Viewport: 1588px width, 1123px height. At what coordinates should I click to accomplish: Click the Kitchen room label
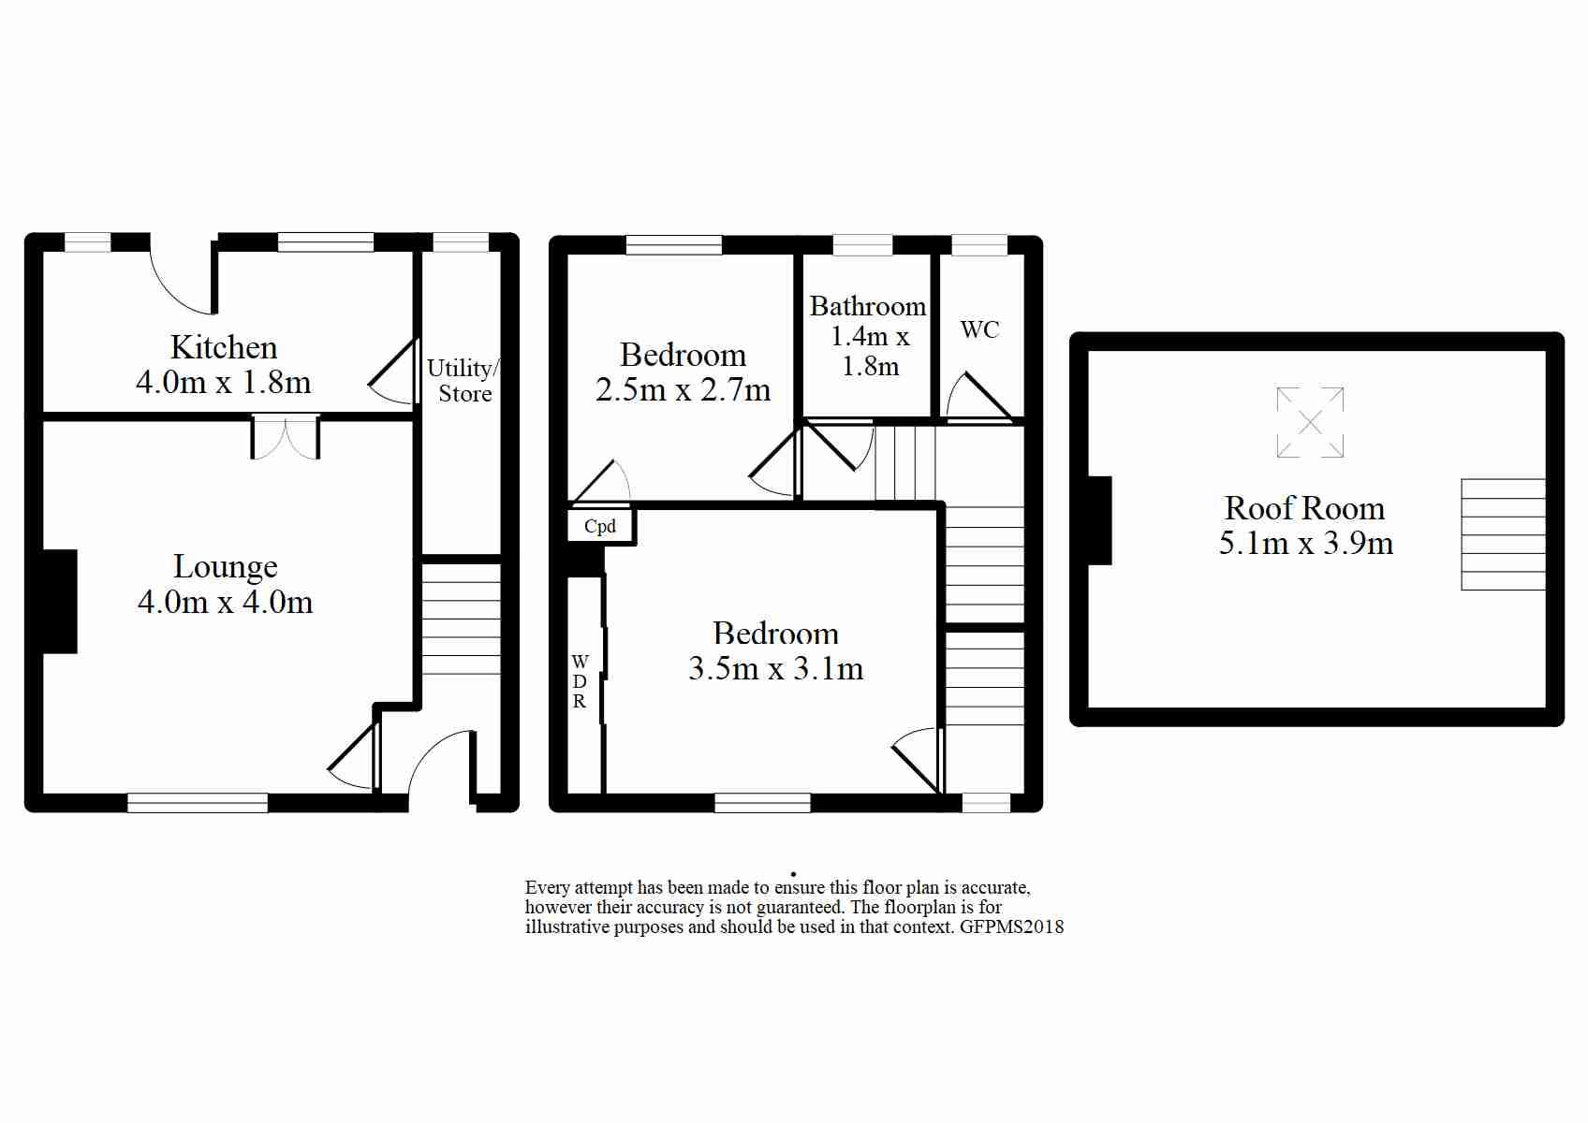(x=223, y=347)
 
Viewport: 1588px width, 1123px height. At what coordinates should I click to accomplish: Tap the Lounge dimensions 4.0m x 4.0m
(x=225, y=602)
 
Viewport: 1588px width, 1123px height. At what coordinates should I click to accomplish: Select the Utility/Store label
(x=463, y=381)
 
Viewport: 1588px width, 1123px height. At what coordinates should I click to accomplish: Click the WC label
(x=979, y=329)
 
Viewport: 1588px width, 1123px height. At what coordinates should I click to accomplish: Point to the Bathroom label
(x=868, y=306)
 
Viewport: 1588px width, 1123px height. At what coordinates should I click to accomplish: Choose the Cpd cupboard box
(x=600, y=526)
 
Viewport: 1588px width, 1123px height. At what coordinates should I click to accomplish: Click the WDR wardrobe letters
(x=580, y=681)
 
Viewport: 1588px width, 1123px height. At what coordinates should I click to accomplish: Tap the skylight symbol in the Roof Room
(x=1310, y=422)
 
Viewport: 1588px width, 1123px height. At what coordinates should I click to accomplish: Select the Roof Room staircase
(x=1503, y=534)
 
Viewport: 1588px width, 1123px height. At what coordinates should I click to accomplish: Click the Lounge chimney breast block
(x=60, y=601)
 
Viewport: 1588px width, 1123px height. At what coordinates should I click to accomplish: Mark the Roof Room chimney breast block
(x=1099, y=520)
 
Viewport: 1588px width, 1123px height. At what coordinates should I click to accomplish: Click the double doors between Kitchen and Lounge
(x=285, y=438)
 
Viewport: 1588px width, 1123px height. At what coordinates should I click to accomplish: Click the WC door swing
(x=979, y=397)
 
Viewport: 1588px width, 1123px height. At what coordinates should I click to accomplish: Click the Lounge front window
(x=198, y=802)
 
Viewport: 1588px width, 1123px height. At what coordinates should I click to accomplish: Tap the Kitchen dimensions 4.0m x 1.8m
(x=223, y=383)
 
